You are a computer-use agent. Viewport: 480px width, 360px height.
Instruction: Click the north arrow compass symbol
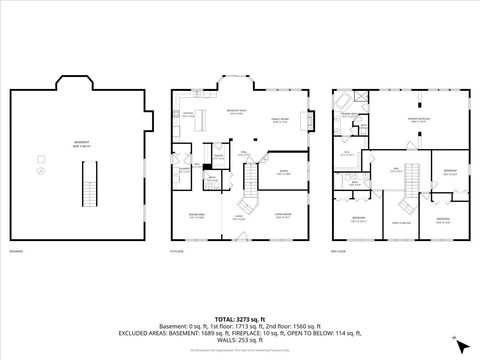pos(459,343)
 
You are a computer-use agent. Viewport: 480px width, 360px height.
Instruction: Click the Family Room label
pos(283,121)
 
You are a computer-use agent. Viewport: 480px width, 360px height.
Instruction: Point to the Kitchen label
pos(188,113)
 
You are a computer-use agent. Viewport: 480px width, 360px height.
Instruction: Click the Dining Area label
pos(197,215)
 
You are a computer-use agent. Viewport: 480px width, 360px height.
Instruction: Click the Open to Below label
pos(402,222)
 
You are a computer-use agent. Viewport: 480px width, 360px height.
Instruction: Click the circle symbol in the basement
pos(41,172)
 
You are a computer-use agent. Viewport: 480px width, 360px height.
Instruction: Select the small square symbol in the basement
pos(41,158)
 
